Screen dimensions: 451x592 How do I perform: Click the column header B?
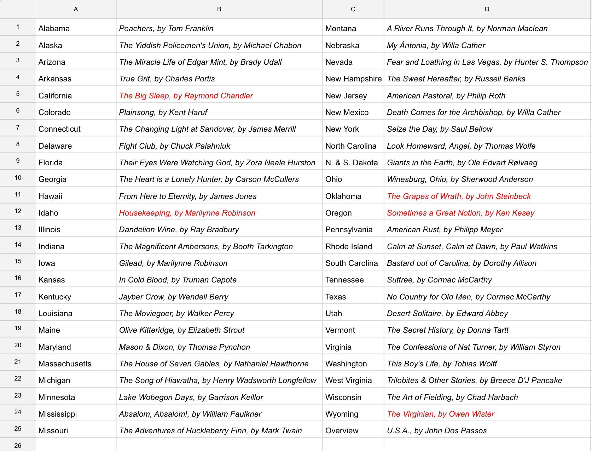point(219,9)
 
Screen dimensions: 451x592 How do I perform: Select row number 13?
point(18,228)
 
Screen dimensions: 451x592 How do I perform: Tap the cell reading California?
point(55,96)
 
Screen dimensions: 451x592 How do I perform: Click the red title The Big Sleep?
point(186,96)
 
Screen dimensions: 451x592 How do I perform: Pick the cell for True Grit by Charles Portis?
point(167,79)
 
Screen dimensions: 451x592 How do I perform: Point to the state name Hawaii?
point(50,196)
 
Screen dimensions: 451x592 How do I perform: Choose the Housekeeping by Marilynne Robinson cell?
point(187,213)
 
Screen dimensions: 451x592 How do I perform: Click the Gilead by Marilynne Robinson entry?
point(173,263)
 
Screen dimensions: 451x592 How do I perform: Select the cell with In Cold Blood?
point(178,280)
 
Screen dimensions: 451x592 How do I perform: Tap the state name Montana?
point(341,28)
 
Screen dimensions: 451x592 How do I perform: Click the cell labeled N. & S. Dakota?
point(352,162)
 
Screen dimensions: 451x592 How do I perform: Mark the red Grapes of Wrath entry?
point(459,196)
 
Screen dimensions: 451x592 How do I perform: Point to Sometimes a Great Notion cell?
point(460,213)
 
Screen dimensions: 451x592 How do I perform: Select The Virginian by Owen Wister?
point(441,414)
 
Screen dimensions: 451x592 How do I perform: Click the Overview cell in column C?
point(342,430)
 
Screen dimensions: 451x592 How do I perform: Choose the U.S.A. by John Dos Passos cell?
point(437,430)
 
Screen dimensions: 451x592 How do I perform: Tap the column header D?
point(487,9)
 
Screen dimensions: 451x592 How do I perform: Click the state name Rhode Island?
point(349,246)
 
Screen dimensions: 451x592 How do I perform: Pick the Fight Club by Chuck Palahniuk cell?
point(175,146)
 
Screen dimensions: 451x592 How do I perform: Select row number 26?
point(18,445)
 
